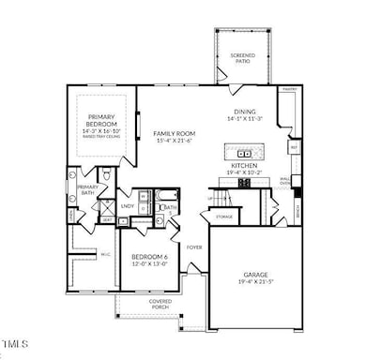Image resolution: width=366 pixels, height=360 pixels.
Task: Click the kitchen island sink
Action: [x=247, y=153]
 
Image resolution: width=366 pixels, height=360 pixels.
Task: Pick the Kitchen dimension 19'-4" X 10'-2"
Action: [x=246, y=172]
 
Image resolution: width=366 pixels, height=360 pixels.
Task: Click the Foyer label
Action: [x=194, y=247]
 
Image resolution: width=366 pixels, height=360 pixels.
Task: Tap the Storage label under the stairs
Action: [x=223, y=217]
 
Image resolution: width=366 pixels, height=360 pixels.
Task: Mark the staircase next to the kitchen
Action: [x=221, y=199]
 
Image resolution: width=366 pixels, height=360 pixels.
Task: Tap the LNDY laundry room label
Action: [x=127, y=205]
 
